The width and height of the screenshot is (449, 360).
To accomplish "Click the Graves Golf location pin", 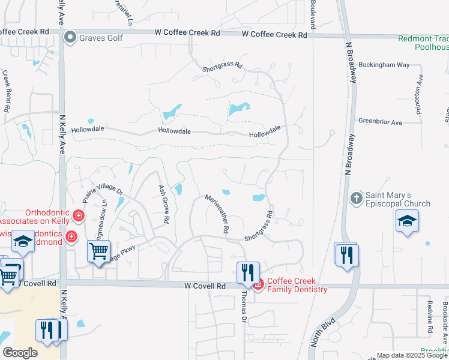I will pos(70,38).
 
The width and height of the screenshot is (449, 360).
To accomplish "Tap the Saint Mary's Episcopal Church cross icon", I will pos(356,197).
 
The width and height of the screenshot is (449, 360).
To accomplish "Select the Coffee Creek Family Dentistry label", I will pos(297,285).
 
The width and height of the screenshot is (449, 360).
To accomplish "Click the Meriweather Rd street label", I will pos(217,213).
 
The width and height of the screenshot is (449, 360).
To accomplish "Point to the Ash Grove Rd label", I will pos(162,204).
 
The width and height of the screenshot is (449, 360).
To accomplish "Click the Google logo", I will pos(20,353).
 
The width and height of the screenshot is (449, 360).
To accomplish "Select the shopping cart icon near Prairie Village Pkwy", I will pos(99,251).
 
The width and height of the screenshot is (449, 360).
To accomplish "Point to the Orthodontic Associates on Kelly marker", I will pos(78,215).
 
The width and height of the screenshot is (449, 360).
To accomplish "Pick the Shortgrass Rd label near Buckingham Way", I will pos(222,65).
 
